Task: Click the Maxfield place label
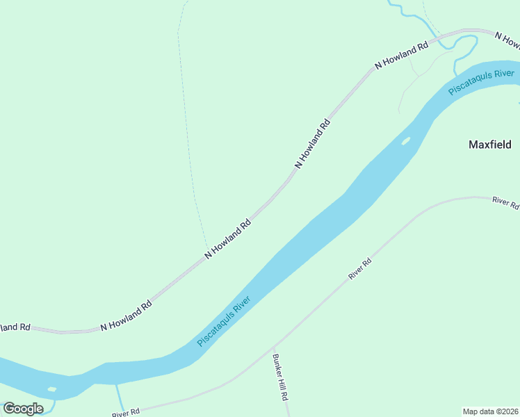coord(489,145)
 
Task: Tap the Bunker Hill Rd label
coord(279,378)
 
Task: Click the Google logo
coord(23,408)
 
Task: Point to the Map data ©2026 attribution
coord(491,411)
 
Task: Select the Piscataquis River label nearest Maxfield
coord(481,82)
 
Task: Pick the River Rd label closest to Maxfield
coord(505,202)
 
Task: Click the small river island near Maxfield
coord(405,141)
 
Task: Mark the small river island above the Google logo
coord(51,389)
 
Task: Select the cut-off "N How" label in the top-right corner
coord(507,40)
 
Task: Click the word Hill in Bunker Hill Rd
coord(281,381)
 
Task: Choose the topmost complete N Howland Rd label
coord(401,56)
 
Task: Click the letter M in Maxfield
coord(473,145)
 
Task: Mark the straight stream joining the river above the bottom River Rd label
coord(119,397)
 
